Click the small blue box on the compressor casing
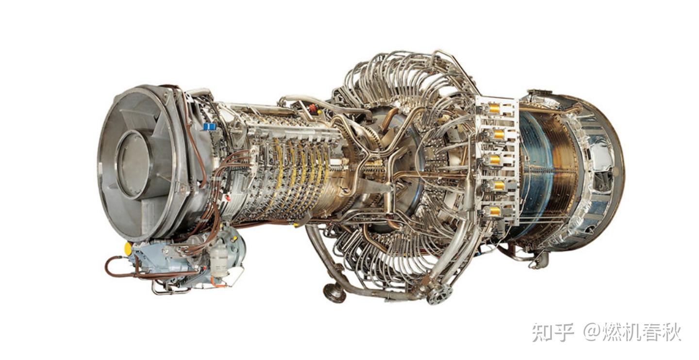209,127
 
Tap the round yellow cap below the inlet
128,248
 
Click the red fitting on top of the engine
312,108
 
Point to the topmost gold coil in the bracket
495,109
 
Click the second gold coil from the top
499,134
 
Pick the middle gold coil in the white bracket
495,160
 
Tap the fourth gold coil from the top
499,185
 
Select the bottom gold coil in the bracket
495,211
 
